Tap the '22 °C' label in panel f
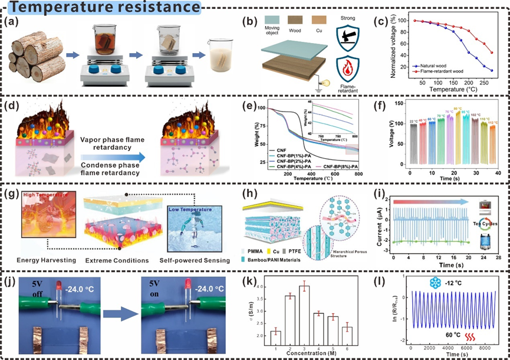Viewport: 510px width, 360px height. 412,122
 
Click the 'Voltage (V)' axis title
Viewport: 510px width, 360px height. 390,136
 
